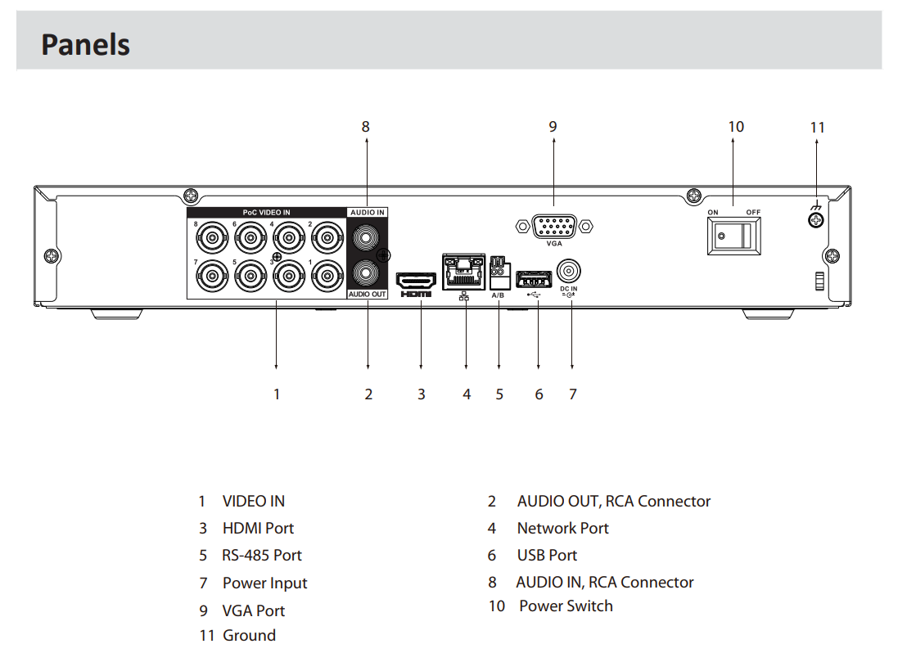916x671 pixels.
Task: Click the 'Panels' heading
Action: click(x=85, y=43)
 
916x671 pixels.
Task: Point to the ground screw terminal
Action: click(x=815, y=221)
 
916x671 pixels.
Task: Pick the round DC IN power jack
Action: click(x=568, y=270)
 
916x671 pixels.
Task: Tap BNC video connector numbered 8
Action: click(x=212, y=240)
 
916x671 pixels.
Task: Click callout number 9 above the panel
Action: click(x=553, y=126)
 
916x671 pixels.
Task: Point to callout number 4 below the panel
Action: click(x=467, y=394)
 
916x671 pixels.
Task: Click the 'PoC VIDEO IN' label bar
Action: click(x=266, y=212)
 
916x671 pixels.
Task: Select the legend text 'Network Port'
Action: click(x=562, y=528)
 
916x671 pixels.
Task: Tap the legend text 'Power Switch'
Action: click(x=566, y=606)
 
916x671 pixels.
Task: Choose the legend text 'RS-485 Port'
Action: click(x=262, y=555)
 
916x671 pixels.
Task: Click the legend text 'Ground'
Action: click(x=249, y=635)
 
